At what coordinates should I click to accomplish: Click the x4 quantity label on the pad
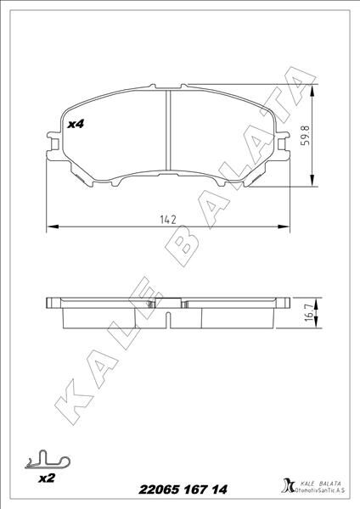[x=76, y=124]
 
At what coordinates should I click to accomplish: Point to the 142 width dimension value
[x=167, y=219]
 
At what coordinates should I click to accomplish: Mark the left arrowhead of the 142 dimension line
[x=49, y=227]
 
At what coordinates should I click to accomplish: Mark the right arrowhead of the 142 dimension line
[x=287, y=227]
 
